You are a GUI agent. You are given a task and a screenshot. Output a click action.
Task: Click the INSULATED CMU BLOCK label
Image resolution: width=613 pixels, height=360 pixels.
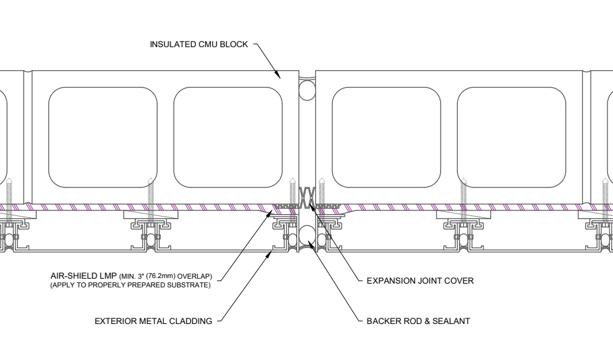point(199,44)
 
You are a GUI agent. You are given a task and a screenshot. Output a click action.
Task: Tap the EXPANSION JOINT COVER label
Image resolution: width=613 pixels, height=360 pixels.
point(420,281)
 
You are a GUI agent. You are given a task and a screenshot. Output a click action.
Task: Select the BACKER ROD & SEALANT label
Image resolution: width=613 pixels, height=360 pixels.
point(418,321)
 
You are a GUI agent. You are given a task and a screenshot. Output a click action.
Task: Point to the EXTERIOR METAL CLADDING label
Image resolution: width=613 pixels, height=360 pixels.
point(153,321)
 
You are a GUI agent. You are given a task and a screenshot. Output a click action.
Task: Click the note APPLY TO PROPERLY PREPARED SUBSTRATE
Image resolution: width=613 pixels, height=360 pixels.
point(130,285)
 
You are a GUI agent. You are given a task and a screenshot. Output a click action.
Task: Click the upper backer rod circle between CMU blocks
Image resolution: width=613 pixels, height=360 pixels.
point(307,91)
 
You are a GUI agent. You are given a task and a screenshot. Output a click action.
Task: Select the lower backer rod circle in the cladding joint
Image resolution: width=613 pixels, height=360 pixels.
point(307,235)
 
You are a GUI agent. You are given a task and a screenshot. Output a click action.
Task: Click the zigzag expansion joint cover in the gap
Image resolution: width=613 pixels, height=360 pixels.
point(307,197)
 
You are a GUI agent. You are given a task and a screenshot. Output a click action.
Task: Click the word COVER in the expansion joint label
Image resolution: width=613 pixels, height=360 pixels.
point(460,281)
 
